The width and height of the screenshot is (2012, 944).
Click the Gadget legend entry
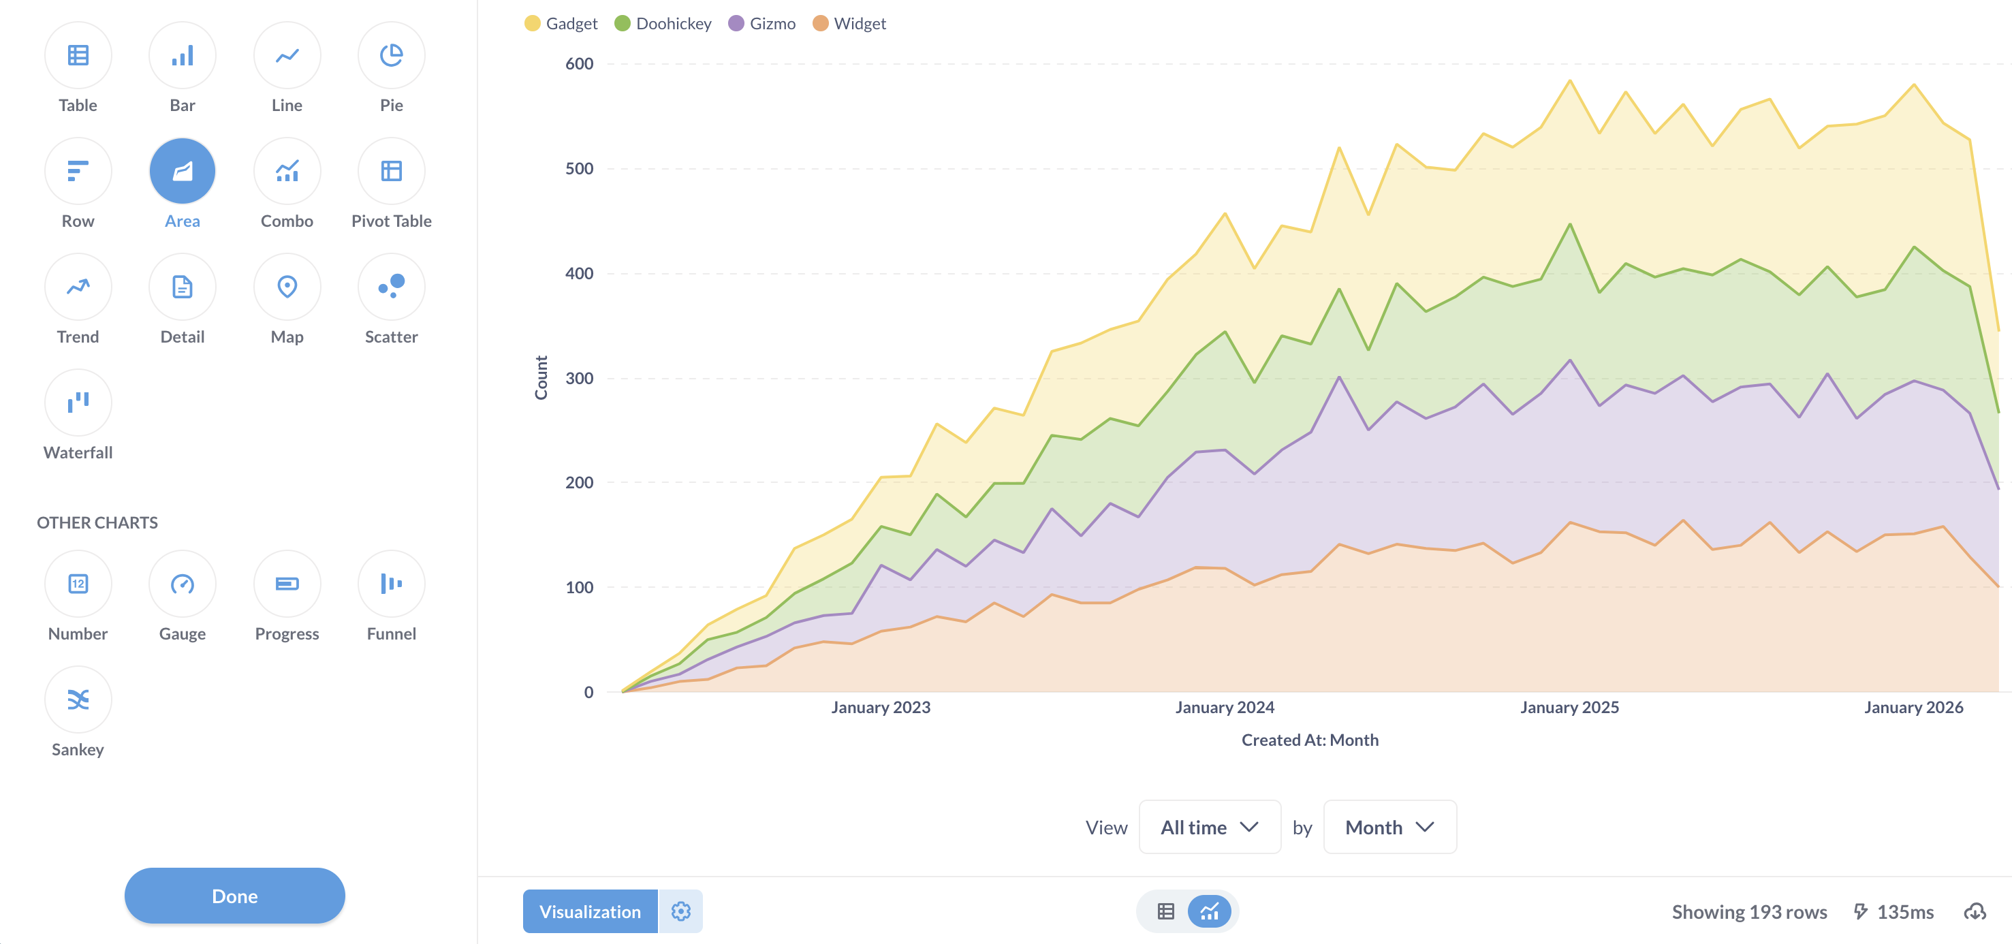[x=561, y=23]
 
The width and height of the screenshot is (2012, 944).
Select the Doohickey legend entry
[x=663, y=23]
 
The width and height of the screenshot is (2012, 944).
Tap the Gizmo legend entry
[x=761, y=23]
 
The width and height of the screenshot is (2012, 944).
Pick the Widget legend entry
[x=849, y=23]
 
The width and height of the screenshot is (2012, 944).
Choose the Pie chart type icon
[x=392, y=55]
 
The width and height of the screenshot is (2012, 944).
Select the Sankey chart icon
[x=78, y=699]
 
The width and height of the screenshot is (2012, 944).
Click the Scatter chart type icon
[x=392, y=287]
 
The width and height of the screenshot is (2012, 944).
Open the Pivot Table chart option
[x=392, y=171]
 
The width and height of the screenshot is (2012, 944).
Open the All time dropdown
[x=1209, y=827]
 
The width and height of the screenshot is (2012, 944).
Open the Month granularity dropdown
[x=1389, y=827]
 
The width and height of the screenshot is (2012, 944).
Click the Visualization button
[x=590, y=911]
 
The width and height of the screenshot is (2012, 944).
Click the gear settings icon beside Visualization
[x=680, y=911]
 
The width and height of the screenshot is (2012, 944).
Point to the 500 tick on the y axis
[x=579, y=169]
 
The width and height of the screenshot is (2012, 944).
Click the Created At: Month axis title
[x=1310, y=740]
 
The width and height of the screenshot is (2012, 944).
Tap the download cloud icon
[x=1975, y=911]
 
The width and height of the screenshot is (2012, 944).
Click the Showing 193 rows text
[x=1749, y=912]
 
